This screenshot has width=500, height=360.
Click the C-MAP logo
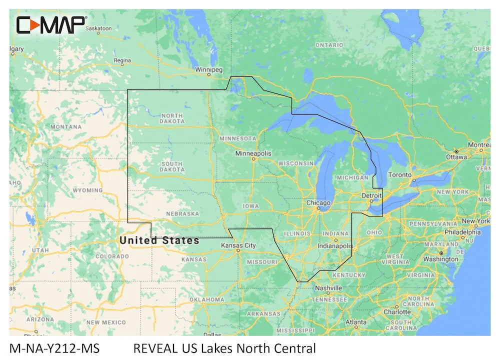pos(51,24)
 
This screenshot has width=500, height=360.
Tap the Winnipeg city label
pos(209,69)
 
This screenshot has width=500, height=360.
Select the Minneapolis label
pos(253,153)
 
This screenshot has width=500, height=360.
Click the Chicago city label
pos(318,203)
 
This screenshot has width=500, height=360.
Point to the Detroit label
pos(371,195)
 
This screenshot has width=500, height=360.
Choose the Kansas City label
pos(238,245)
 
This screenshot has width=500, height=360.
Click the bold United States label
pos(159,240)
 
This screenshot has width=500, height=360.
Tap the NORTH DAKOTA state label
pos(172,118)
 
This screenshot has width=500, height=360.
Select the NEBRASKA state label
pos(182,213)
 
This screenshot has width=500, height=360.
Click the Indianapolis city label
pos(335,246)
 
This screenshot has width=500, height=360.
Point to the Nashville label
pos(328,288)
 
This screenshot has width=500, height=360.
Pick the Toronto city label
pos(399,175)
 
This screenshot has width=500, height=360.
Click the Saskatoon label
pos(98,28)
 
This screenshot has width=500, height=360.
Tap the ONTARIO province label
pos(329,45)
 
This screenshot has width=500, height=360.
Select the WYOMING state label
pos(87,190)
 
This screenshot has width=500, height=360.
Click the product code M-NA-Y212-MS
pos(54,348)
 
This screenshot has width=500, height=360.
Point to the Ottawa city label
pos(456,157)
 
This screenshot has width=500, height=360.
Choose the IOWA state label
pos(251,206)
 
